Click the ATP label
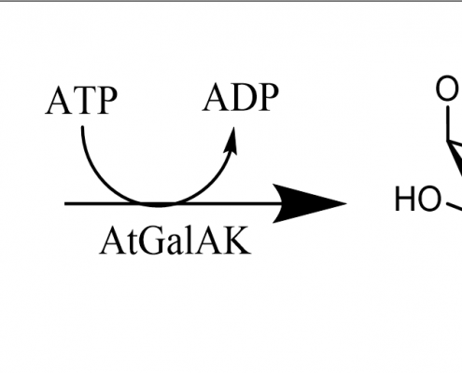coord(81,100)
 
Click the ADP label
coord(241,97)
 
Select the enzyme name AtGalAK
coord(175,241)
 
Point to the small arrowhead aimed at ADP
coord(232,142)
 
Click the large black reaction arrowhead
coord(308,203)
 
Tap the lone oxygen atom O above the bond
coord(447,88)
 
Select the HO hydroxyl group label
coord(418,199)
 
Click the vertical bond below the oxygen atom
coord(448,123)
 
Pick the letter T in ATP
coord(82,101)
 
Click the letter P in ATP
coord(105,101)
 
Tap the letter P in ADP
coord(267,97)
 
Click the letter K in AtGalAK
coord(238,241)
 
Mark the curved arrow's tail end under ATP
coord(83,127)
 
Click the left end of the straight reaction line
coord(65,203)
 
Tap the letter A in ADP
coord(216,97)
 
